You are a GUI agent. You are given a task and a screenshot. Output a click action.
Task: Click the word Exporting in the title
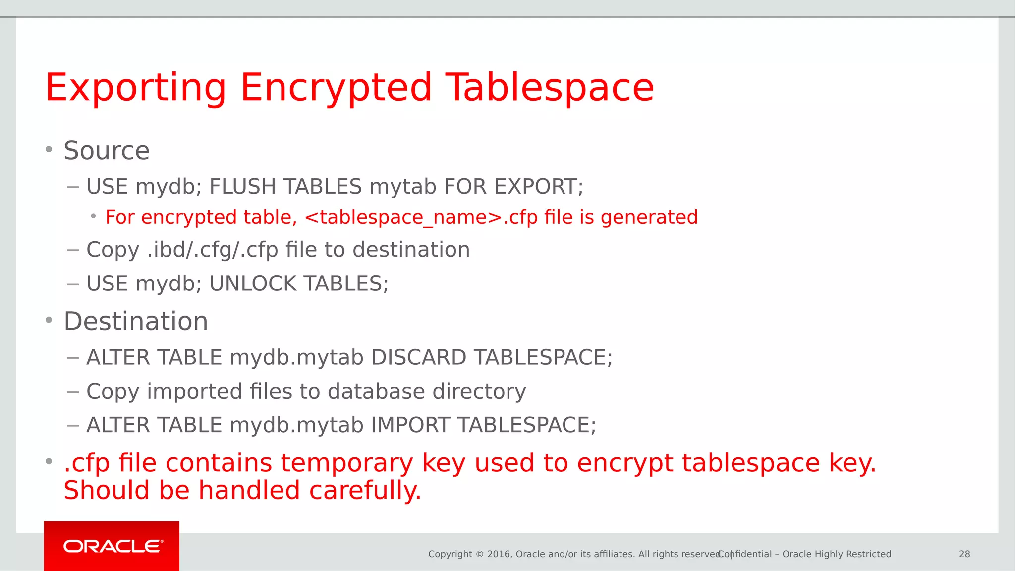pos(135,88)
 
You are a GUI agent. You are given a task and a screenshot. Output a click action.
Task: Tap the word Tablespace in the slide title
pos(550,88)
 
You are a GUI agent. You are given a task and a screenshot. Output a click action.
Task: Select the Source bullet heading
pos(107,151)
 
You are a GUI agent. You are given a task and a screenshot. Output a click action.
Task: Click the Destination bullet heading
pos(136,321)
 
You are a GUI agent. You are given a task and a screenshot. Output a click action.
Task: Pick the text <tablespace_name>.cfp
pos(421,218)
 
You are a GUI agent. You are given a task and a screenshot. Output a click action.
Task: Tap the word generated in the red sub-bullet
pos(649,218)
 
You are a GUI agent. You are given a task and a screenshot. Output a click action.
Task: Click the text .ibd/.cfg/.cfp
pos(213,250)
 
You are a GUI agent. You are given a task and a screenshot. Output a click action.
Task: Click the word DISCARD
pos(418,357)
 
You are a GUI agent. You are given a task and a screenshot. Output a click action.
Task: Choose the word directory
pos(479,391)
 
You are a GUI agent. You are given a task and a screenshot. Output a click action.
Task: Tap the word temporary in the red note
pos(347,463)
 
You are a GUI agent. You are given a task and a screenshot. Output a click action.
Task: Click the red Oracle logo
pos(112,546)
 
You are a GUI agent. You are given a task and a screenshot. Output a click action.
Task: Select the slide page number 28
pos(964,554)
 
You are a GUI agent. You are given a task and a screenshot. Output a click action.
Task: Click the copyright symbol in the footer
pos(479,554)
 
